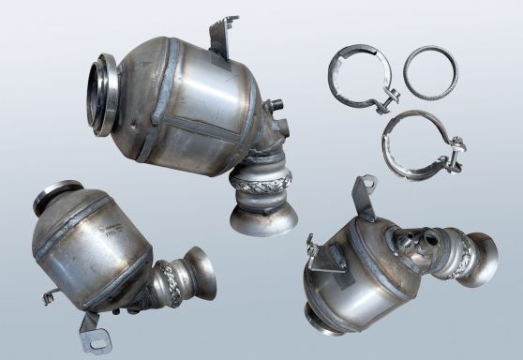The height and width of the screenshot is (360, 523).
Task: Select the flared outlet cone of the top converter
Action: tap(263, 217)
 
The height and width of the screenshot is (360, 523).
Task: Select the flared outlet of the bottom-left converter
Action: tap(200, 272)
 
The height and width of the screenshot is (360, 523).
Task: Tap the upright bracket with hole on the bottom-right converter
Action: tap(362, 196)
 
